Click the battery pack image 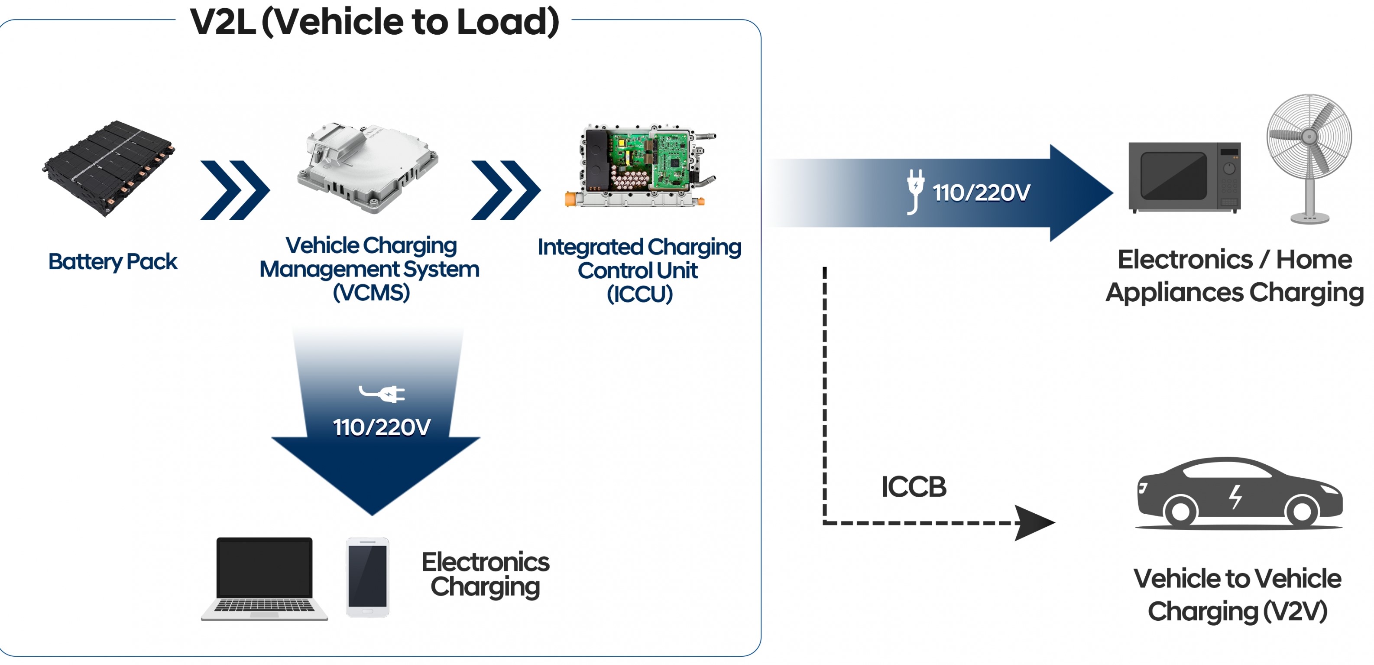click(109, 168)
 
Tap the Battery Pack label click(113, 261)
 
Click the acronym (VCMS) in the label click(371, 293)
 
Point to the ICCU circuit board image click(640, 166)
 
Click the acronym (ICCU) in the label click(639, 294)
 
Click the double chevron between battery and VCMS click(235, 190)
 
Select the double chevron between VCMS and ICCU click(506, 190)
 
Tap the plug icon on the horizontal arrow click(915, 191)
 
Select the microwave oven click(1185, 177)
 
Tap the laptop click(265, 579)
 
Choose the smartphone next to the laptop click(367, 577)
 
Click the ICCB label click(914, 487)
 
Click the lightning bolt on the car click(1235, 497)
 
